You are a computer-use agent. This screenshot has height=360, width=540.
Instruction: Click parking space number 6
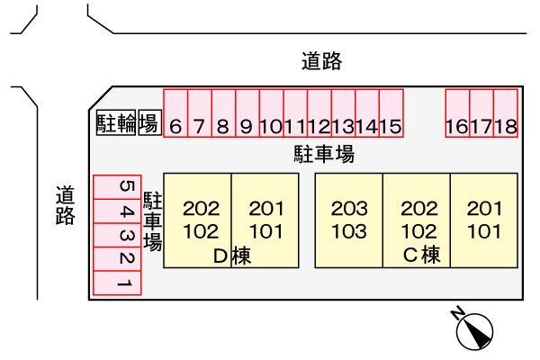[175, 113]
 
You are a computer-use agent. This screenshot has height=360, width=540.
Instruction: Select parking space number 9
[247, 113]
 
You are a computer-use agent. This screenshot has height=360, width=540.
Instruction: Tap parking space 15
[391, 113]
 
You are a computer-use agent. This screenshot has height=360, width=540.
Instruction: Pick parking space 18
[506, 113]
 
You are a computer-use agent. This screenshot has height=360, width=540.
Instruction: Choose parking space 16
[457, 113]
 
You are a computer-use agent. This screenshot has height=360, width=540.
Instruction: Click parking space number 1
[117, 283]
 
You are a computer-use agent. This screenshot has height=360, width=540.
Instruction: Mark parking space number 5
[117, 187]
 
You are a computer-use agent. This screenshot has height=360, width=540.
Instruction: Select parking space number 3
[117, 235]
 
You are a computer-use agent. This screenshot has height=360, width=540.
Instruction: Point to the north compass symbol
[474, 330]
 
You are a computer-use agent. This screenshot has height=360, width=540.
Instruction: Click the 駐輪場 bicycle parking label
[129, 122]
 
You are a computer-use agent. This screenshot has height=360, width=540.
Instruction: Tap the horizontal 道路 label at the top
[321, 61]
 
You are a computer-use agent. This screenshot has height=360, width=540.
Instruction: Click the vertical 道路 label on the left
[66, 205]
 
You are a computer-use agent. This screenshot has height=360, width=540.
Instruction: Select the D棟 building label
[232, 256]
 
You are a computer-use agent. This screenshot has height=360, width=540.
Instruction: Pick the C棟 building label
[421, 255]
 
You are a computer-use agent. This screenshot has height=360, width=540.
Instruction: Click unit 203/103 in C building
[349, 220]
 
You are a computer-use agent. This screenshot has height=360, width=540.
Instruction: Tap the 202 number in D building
[201, 209]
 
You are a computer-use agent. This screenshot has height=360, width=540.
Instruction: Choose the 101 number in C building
[484, 231]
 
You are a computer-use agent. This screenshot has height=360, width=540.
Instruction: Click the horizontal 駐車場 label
[324, 154]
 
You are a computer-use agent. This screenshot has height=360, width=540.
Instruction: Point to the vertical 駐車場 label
[153, 220]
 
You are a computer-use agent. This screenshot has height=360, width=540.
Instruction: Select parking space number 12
[319, 113]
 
